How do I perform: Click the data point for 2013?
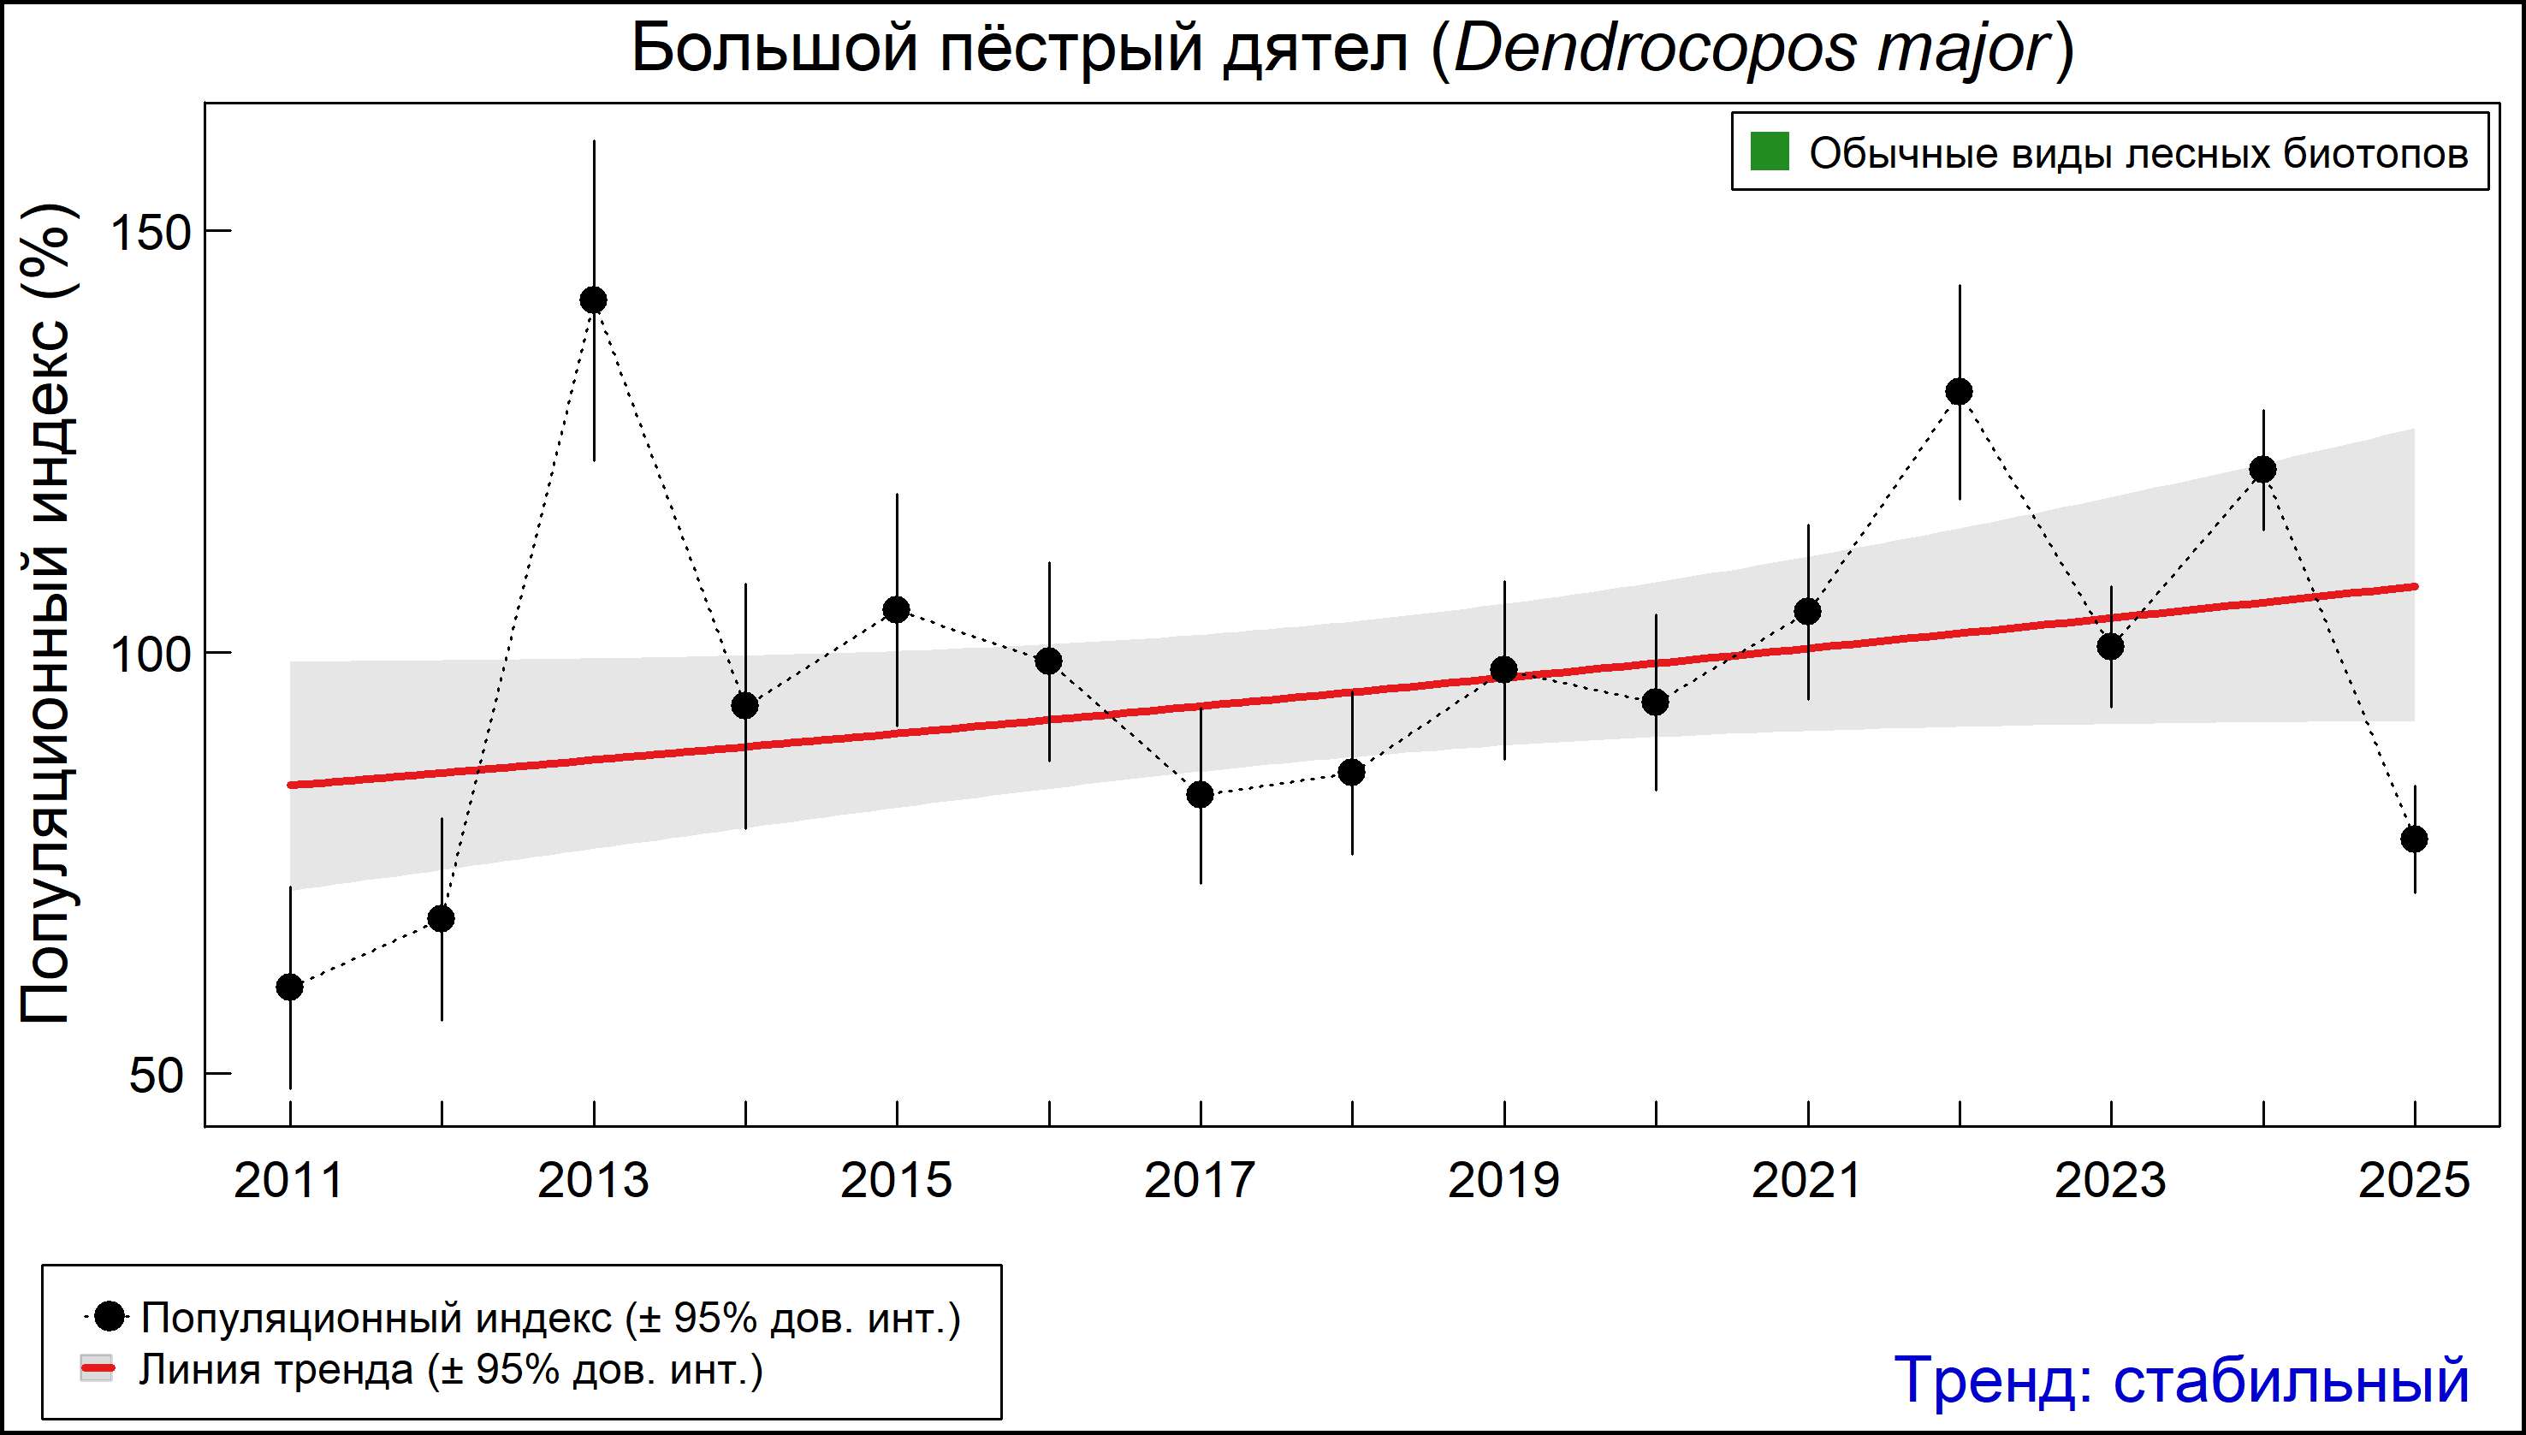(x=593, y=299)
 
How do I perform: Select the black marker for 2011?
(x=290, y=987)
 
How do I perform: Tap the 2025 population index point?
(x=2414, y=839)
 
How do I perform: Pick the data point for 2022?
(x=1960, y=391)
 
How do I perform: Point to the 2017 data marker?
(x=1200, y=794)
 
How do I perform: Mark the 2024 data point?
(x=2262, y=469)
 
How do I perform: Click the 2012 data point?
(x=442, y=918)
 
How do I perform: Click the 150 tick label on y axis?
(x=148, y=233)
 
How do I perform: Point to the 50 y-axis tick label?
(x=156, y=1076)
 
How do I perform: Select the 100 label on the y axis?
(x=148, y=655)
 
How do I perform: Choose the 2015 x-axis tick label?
(x=896, y=1181)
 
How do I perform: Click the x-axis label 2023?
(x=2110, y=1181)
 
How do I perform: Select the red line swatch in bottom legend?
(x=97, y=1369)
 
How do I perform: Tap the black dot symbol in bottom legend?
(x=111, y=1316)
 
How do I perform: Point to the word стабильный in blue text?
(x=2291, y=1379)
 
